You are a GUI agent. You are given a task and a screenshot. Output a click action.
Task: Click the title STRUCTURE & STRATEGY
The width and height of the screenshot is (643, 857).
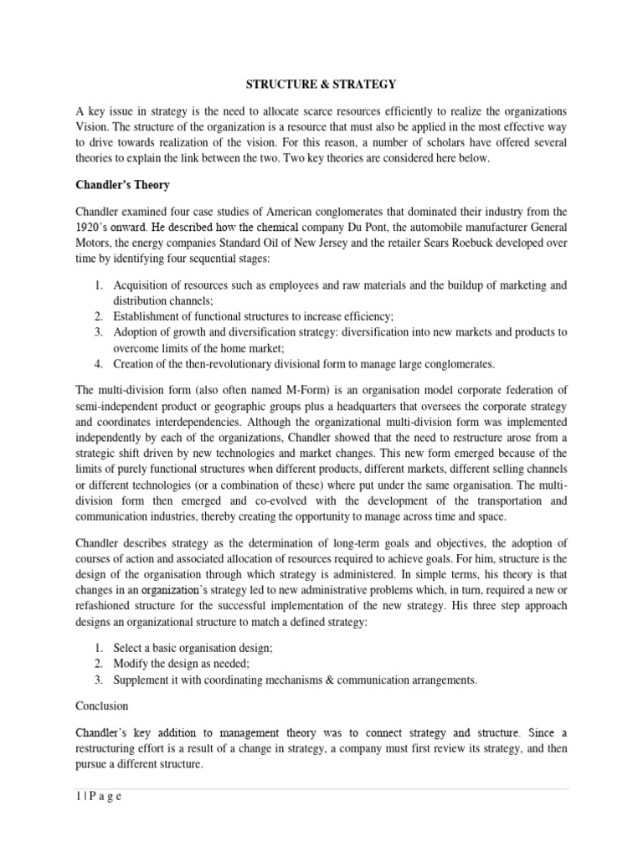click(x=321, y=84)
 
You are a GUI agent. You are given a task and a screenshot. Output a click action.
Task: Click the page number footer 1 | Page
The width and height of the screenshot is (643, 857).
click(x=99, y=796)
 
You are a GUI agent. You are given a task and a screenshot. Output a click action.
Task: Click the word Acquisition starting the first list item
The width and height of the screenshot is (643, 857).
click(x=143, y=285)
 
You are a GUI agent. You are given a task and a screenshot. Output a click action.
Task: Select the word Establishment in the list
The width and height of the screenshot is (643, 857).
click(x=149, y=316)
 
